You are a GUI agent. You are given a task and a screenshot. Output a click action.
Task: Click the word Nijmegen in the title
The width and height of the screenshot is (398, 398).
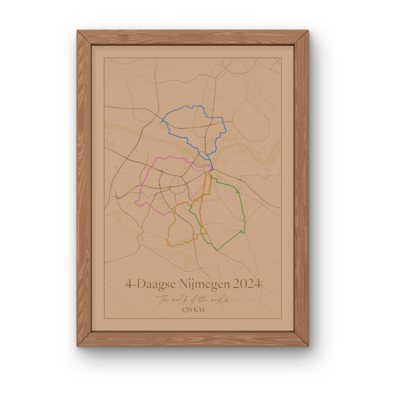[x=202, y=284]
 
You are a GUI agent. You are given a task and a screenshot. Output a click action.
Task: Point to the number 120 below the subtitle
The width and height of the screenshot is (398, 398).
[x=188, y=310]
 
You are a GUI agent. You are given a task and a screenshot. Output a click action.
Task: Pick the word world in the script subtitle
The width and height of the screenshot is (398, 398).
[x=219, y=300]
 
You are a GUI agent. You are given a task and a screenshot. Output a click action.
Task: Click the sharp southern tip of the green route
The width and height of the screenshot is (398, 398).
[x=217, y=251]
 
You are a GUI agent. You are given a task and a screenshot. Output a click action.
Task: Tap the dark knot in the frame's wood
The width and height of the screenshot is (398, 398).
[x=125, y=38]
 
